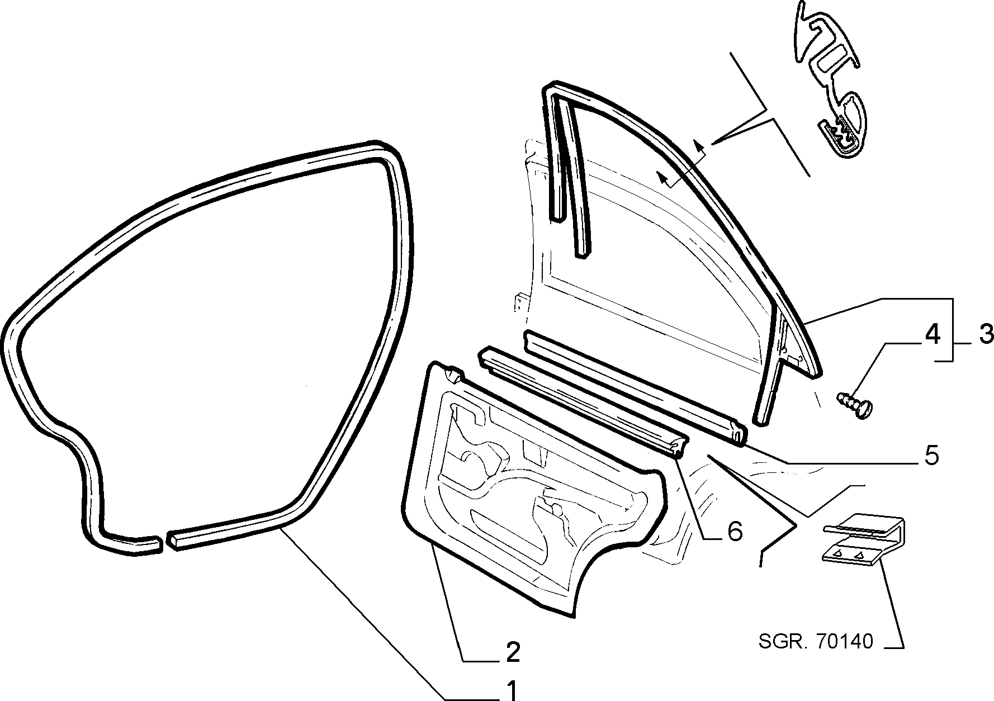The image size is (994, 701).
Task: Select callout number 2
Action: coord(513,651)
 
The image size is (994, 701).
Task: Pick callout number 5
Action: coord(931,456)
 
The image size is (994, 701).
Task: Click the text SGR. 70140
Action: coord(816,641)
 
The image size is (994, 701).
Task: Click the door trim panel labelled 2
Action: coord(534,486)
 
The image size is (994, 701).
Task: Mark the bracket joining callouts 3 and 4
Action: coord(952,330)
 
